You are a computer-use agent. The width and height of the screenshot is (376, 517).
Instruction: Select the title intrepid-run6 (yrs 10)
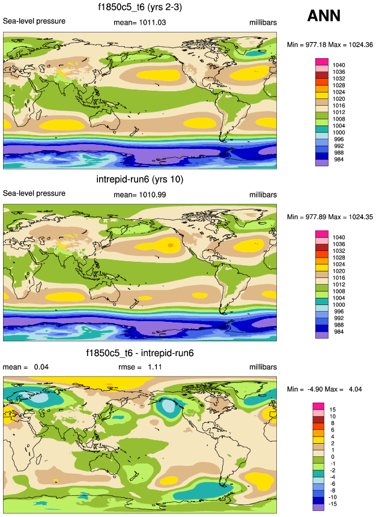click(139, 180)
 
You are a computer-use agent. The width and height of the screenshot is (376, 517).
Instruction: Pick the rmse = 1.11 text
click(138, 367)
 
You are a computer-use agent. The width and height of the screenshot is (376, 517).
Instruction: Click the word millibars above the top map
click(262, 22)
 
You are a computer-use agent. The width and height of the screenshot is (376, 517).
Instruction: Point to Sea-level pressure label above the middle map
click(34, 194)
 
